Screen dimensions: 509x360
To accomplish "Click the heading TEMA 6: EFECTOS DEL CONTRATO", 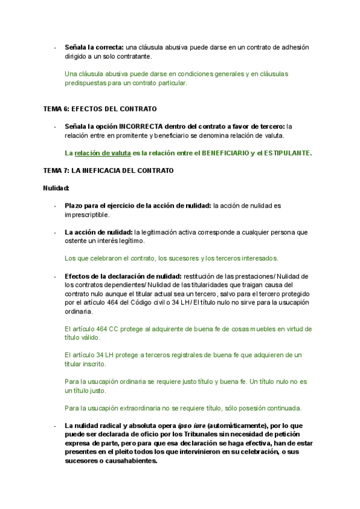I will click(x=100, y=109).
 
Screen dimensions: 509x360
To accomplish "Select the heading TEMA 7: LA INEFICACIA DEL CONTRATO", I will click(x=108, y=170).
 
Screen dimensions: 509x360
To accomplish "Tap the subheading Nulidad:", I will click(x=56, y=188).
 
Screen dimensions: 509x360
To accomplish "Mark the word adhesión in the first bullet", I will click(x=296, y=47).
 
